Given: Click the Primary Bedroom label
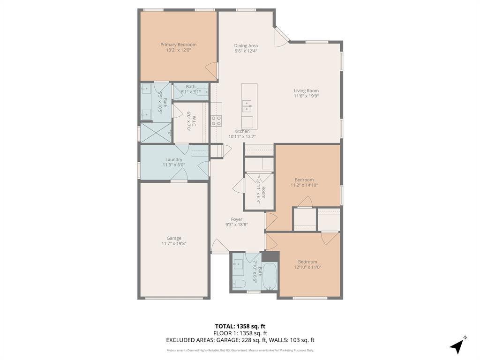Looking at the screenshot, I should click(x=178, y=45).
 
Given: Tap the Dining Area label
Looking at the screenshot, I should click(x=246, y=46).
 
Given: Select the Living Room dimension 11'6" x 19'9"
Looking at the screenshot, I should click(x=306, y=96).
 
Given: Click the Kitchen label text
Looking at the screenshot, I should click(x=242, y=131).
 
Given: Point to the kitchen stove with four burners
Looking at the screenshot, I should click(x=216, y=120).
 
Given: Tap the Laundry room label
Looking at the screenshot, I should click(x=174, y=159).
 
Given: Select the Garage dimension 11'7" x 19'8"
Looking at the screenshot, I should click(x=173, y=243).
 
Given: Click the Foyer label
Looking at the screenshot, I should click(x=236, y=219).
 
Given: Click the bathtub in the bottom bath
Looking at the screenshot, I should click(x=270, y=277).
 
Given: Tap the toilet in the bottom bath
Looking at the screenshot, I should click(x=239, y=283).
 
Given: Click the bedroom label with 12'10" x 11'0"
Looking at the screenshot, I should click(x=307, y=262).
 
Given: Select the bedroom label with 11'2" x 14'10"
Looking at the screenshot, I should click(x=304, y=180).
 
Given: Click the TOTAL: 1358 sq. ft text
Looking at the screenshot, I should click(x=240, y=326).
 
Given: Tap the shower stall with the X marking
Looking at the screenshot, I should click(x=155, y=132).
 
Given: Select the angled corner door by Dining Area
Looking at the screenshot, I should click(x=282, y=37).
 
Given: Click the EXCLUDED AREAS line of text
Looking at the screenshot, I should click(x=240, y=340).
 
